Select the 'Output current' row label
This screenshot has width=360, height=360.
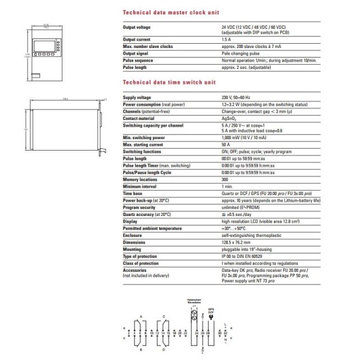point(137,40)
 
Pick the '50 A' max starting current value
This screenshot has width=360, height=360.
point(226,144)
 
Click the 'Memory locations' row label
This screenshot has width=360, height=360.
point(140,179)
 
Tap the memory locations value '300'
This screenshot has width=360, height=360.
point(225,179)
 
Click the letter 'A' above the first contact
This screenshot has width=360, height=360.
point(140,316)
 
